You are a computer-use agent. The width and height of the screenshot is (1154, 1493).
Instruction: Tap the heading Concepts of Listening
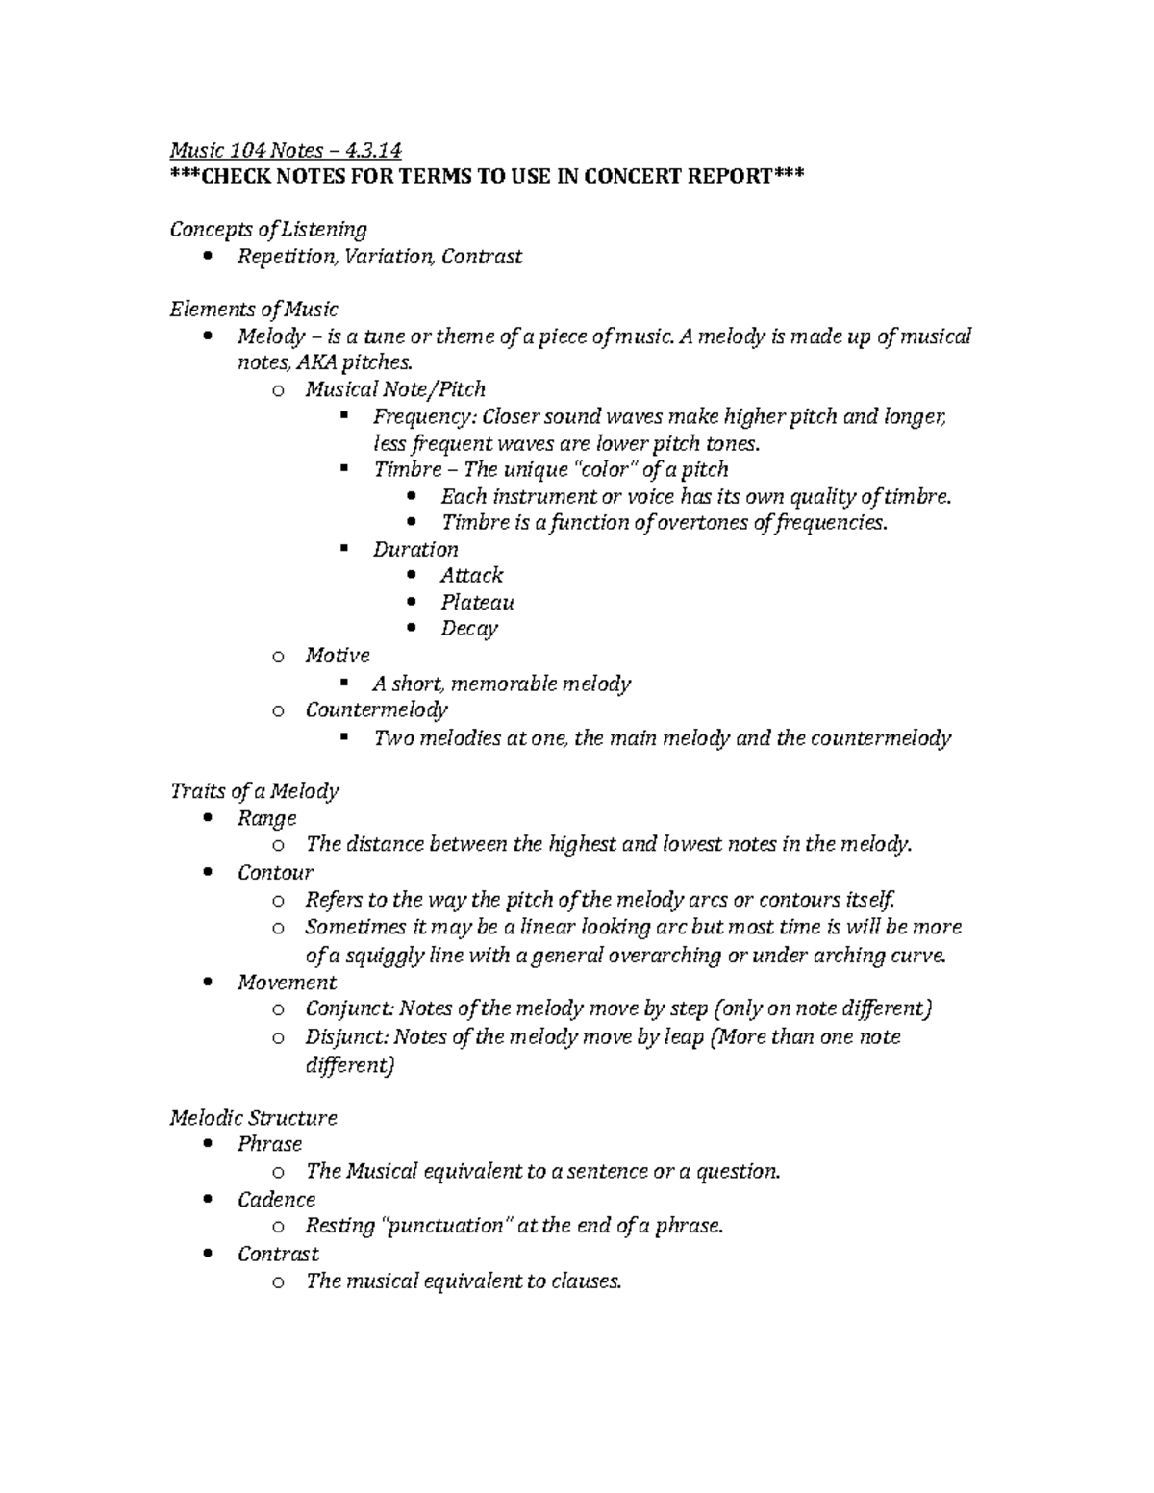click(268, 229)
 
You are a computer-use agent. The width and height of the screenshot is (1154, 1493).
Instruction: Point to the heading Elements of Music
click(254, 310)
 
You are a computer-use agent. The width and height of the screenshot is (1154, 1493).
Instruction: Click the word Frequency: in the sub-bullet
click(424, 416)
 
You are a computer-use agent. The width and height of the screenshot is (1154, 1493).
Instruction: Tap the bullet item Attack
click(471, 575)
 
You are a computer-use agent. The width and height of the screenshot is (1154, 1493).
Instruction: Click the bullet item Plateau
click(477, 602)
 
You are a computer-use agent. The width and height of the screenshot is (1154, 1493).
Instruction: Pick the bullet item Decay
click(469, 629)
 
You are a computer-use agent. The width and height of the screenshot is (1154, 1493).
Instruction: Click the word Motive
click(338, 656)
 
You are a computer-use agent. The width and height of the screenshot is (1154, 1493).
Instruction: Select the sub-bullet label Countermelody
click(376, 709)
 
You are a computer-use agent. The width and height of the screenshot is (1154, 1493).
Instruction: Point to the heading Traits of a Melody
click(254, 791)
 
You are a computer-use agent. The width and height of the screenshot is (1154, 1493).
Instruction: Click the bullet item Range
click(267, 818)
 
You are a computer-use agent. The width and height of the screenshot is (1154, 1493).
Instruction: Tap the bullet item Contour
click(276, 873)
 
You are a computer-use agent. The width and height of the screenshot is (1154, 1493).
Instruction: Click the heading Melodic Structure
click(254, 1118)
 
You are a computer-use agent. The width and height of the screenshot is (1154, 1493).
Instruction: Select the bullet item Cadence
click(277, 1200)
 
